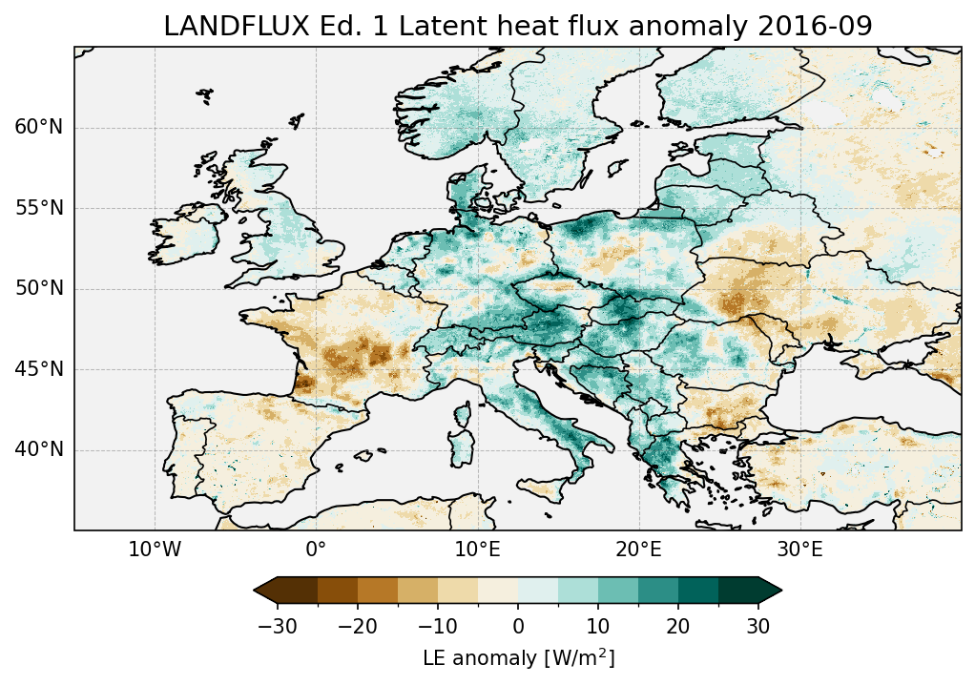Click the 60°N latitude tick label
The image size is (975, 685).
[39, 128]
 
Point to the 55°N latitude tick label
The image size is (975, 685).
[39, 208]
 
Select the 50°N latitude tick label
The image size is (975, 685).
[39, 289]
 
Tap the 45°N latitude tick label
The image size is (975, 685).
[39, 369]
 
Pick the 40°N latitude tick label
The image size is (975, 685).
[39, 449]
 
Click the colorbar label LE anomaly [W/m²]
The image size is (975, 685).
[518, 658]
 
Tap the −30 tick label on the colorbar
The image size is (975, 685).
[278, 626]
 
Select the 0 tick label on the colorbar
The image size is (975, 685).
[518, 626]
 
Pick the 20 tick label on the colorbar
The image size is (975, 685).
[678, 626]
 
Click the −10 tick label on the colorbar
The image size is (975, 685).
[438, 626]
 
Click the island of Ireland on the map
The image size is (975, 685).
[196, 233]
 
